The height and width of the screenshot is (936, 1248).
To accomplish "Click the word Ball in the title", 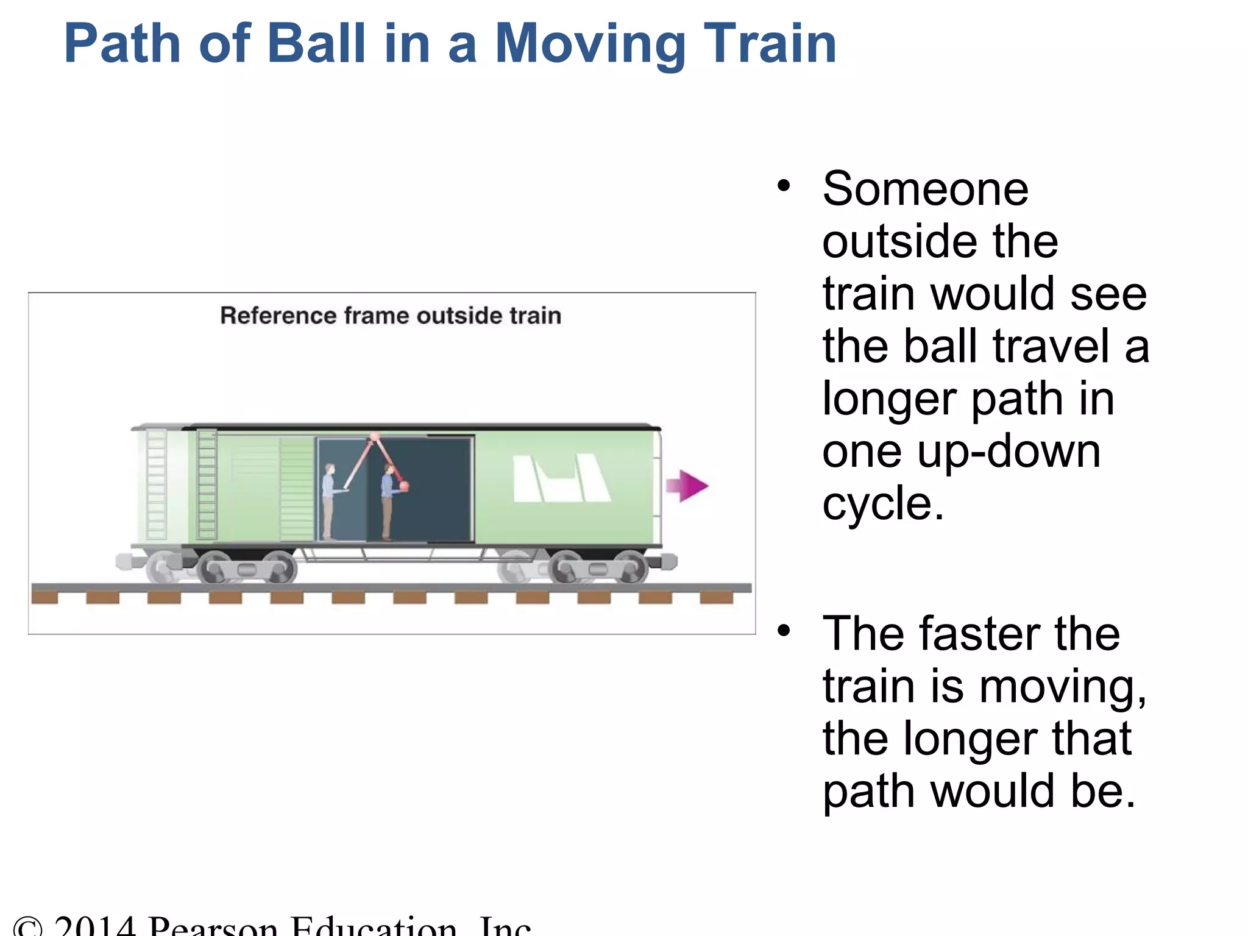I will tap(316, 43).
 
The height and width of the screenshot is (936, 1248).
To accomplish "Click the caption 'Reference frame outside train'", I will tap(390, 316).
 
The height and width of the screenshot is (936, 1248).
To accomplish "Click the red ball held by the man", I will tap(403, 486).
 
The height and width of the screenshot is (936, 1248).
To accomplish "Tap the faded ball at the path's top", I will tap(375, 436).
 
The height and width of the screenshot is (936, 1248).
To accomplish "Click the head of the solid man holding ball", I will tap(388, 469).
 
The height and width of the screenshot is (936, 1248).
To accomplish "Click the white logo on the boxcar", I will tap(561, 479).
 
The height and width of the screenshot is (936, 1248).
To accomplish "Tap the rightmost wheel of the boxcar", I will tap(631, 568).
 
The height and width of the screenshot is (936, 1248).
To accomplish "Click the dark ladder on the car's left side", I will tap(207, 484).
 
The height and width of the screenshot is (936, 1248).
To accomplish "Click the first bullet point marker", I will tap(784, 185).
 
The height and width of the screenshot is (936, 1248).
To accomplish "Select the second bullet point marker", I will tap(784, 630).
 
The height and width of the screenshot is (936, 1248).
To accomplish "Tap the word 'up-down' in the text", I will tap(1009, 452).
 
